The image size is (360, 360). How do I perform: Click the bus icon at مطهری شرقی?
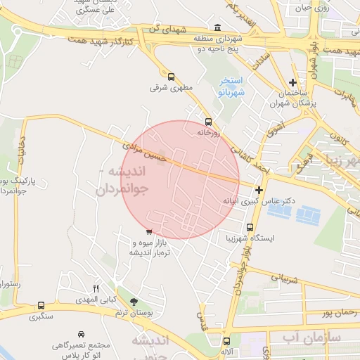point(171,77)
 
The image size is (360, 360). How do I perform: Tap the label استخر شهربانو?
point(230,86)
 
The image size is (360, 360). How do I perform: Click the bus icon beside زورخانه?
point(207,121)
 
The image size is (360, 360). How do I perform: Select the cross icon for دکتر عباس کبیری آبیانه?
point(259,190)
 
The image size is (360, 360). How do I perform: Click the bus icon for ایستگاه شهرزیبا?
point(250,227)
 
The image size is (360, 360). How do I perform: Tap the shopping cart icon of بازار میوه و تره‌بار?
point(148,231)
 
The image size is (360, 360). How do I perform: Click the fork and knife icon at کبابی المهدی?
point(97,288)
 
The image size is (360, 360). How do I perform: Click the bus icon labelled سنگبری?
point(41,306)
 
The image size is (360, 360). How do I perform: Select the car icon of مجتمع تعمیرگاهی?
point(82,333)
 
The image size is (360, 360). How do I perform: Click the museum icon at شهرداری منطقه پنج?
point(216,28)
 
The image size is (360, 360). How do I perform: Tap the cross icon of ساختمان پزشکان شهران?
point(292,83)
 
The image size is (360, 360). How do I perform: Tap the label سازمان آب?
point(312,338)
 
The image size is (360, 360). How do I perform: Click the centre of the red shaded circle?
point(181,179)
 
